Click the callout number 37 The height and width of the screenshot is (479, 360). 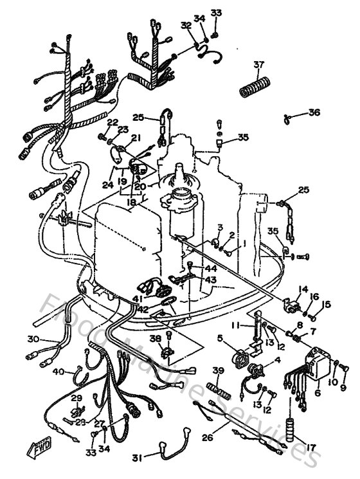click(258, 64)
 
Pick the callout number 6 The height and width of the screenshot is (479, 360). click(317, 393)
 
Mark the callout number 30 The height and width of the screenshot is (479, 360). click(33, 339)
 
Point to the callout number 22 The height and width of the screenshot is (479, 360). click(113, 122)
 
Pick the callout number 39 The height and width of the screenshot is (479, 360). click(219, 371)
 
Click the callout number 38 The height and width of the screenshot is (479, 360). click(155, 338)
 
